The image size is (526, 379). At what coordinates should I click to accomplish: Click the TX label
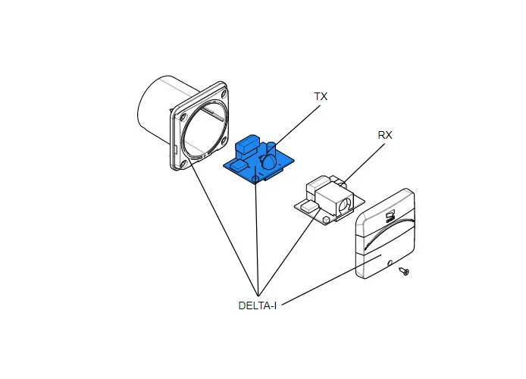[321, 97]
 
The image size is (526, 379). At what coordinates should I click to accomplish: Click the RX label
[385, 135]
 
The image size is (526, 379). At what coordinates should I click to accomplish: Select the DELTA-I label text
[257, 306]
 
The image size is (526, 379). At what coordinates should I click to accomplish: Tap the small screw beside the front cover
[405, 271]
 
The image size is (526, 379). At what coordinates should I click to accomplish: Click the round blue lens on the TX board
[268, 161]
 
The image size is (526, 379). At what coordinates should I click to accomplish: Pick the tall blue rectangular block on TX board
[248, 145]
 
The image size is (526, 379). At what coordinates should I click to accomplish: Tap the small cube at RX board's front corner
[309, 206]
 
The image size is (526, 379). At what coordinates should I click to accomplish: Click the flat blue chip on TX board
[237, 164]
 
